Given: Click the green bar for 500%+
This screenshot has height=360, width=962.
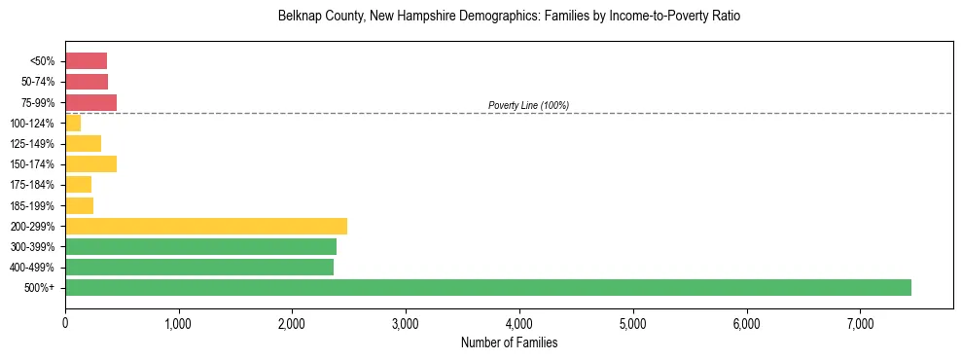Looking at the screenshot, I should [x=487, y=287].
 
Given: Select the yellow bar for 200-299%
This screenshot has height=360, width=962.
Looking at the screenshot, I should [x=206, y=226].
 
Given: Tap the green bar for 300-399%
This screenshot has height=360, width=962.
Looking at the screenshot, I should [x=200, y=246].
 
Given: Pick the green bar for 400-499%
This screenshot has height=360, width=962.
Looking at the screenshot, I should [x=199, y=267].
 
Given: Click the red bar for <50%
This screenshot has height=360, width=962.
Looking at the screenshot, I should [x=86, y=61].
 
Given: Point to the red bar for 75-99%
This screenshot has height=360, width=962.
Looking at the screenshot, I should [x=90, y=102].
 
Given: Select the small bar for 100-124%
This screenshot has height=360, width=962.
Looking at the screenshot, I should [x=73, y=124].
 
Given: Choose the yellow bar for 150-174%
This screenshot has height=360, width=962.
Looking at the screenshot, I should [x=90, y=164].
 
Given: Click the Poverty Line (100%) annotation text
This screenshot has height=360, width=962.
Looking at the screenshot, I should [x=528, y=105].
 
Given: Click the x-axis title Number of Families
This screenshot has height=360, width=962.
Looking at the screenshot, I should [x=509, y=342].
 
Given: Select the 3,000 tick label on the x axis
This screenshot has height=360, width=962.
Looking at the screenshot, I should [x=406, y=323].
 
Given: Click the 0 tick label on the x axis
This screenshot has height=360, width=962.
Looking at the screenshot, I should [x=65, y=323].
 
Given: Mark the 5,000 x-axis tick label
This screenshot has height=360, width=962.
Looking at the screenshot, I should [x=633, y=323].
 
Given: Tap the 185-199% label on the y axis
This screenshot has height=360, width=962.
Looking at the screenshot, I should [x=32, y=205].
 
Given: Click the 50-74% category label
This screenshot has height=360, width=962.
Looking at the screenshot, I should [x=37, y=82].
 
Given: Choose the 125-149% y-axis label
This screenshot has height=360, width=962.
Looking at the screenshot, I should [x=32, y=144].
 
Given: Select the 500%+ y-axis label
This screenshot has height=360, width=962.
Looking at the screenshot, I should [x=40, y=288].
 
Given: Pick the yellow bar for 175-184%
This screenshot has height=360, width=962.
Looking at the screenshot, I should [x=78, y=185].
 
